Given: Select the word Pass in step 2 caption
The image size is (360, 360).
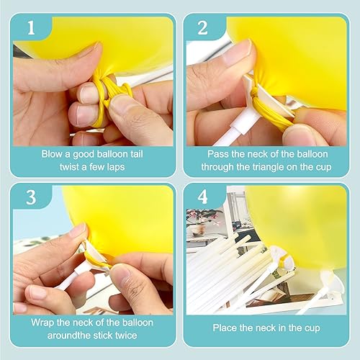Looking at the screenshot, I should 218,153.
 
